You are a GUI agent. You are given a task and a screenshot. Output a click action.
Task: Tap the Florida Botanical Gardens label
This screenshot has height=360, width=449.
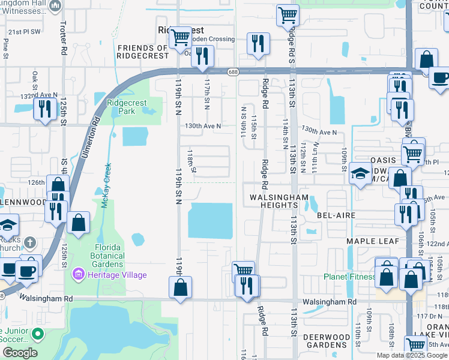click(x=108, y=256)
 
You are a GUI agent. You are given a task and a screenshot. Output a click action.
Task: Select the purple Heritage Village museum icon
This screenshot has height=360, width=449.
click(x=77, y=275)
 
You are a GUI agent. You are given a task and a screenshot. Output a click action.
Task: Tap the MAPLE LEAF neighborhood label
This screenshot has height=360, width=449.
click(x=367, y=241)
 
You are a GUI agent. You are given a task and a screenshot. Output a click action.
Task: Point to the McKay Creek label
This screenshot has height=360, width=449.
click(x=106, y=185)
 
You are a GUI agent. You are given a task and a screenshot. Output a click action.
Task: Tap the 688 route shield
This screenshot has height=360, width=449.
click(x=233, y=71)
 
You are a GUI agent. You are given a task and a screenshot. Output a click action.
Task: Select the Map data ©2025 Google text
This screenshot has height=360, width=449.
click(x=412, y=355)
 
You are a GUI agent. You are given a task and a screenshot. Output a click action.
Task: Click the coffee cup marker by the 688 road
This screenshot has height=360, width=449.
click(x=440, y=78)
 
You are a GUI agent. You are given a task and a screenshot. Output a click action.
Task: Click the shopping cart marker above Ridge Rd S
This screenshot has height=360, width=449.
click(x=288, y=14)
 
